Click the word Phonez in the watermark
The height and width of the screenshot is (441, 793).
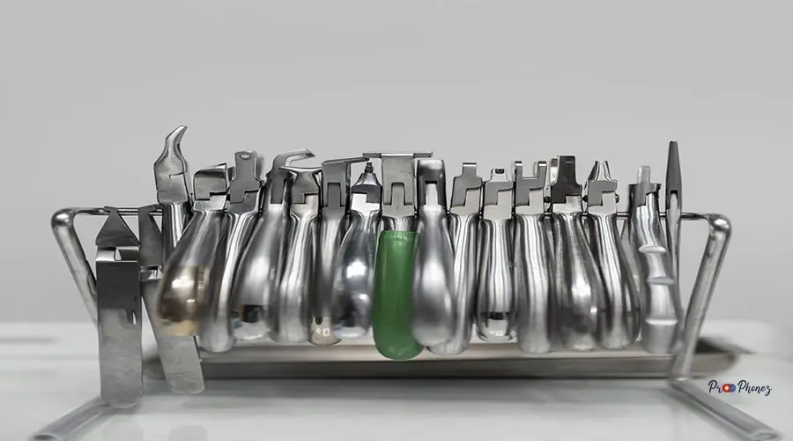(754, 388)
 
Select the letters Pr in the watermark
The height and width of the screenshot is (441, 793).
(715, 388)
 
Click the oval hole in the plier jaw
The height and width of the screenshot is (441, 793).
(245, 157)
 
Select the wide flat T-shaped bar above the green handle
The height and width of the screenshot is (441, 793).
(397, 154)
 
